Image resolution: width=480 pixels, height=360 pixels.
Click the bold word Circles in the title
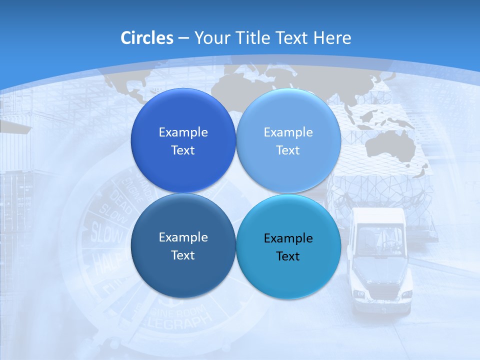tap(146, 38)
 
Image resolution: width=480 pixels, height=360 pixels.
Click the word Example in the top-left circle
tap(183, 132)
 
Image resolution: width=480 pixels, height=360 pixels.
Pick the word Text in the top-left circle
tap(183, 150)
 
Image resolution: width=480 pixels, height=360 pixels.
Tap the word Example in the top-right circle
tap(288, 132)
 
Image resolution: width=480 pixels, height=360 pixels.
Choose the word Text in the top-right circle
tap(288, 150)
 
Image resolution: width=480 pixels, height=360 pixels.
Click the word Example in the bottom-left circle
tap(183, 237)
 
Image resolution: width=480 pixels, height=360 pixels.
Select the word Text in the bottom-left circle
tap(183, 255)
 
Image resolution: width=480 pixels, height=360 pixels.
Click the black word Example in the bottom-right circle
tap(288, 238)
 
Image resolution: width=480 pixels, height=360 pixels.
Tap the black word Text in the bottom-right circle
tap(288, 256)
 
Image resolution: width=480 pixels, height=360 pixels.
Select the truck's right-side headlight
tap(406, 295)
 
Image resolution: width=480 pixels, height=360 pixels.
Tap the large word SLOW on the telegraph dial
tap(106, 233)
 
